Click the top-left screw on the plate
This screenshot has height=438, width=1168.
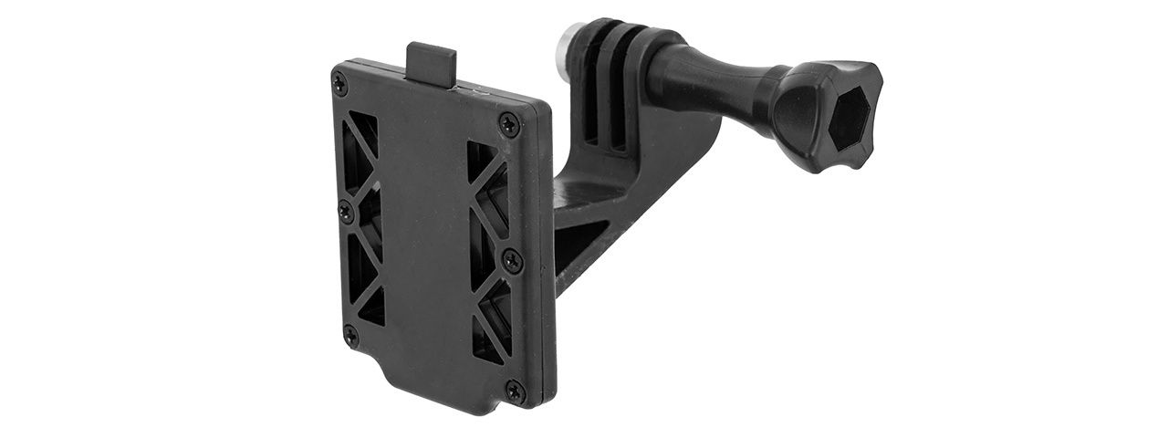pos(341,84)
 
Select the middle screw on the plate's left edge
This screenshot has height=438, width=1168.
pos(346,211)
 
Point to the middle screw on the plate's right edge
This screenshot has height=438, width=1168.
pos(511,260)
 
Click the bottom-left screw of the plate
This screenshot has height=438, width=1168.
pos(349,337)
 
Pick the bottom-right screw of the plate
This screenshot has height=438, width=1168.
pos(515,392)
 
